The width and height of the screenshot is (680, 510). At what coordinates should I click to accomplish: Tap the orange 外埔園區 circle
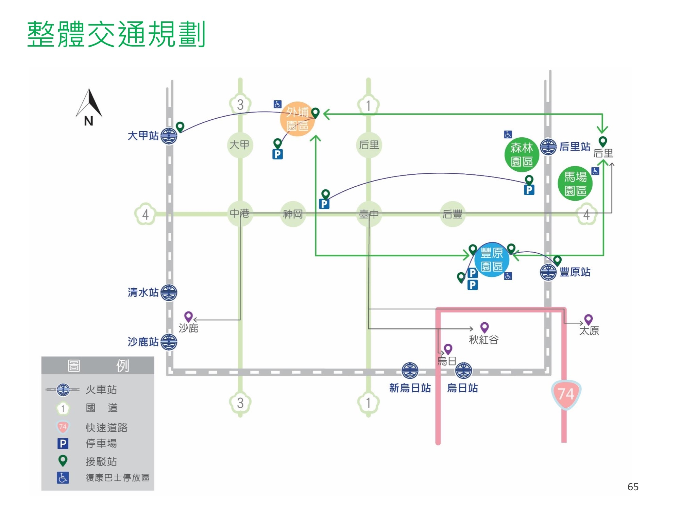coord(297,119)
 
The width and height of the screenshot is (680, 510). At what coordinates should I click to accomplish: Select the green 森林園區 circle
coord(522,155)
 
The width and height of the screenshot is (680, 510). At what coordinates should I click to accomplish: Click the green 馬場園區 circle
coord(575,184)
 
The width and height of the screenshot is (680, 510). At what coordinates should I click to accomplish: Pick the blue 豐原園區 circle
coord(492,260)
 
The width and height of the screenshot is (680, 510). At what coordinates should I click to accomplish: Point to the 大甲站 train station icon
coord(169,136)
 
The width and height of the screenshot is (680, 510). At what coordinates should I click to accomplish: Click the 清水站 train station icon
coord(169,292)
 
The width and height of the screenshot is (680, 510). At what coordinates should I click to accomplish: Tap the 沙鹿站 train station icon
coord(169,342)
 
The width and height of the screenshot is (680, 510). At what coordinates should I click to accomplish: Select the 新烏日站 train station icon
coord(410,371)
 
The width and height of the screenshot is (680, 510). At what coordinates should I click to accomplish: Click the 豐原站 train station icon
coord(548,272)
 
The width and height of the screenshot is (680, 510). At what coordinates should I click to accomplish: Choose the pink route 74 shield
coord(566,394)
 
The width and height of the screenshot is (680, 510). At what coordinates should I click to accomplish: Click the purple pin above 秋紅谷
coord(484,327)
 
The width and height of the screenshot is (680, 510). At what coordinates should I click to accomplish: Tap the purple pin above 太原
coord(589,319)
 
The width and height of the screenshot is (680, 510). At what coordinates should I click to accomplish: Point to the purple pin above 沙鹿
coord(188,317)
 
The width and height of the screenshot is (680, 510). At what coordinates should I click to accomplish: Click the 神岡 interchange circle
coord(293,214)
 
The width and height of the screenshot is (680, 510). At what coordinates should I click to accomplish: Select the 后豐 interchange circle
coord(452,214)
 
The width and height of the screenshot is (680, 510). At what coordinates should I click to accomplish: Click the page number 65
coord(633,487)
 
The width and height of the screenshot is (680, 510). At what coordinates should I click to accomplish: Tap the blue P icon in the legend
coord(63,443)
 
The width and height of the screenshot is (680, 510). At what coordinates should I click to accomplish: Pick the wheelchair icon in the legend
coord(63,478)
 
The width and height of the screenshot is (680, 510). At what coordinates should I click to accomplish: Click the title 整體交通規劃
coord(116,34)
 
